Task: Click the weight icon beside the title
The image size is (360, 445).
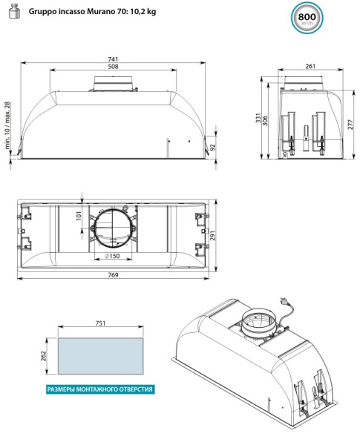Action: point(15,12)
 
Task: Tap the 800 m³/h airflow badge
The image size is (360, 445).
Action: point(307,18)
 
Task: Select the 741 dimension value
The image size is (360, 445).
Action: point(113,59)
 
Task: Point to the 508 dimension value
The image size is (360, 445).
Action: point(113,67)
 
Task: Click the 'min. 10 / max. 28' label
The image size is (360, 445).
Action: point(7,125)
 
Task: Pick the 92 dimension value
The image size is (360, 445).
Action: point(212,147)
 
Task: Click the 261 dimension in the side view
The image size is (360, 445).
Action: point(310,66)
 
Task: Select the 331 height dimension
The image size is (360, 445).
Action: point(258,118)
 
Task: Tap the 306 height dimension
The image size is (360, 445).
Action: point(265,121)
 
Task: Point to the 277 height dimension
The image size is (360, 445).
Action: point(350,125)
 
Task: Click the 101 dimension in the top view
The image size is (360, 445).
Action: point(79,216)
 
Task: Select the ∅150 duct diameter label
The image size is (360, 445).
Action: point(112,256)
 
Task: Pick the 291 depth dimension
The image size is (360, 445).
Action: point(212,236)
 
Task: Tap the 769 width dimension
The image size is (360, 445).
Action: point(113,274)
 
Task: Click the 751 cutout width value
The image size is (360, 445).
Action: point(101,323)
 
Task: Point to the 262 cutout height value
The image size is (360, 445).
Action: point(43,356)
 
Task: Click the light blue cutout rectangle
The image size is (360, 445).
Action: point(101,356)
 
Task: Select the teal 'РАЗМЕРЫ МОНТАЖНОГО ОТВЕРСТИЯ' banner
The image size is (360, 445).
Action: point(101,389)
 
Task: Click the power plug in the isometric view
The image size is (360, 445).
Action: point(282,300)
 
